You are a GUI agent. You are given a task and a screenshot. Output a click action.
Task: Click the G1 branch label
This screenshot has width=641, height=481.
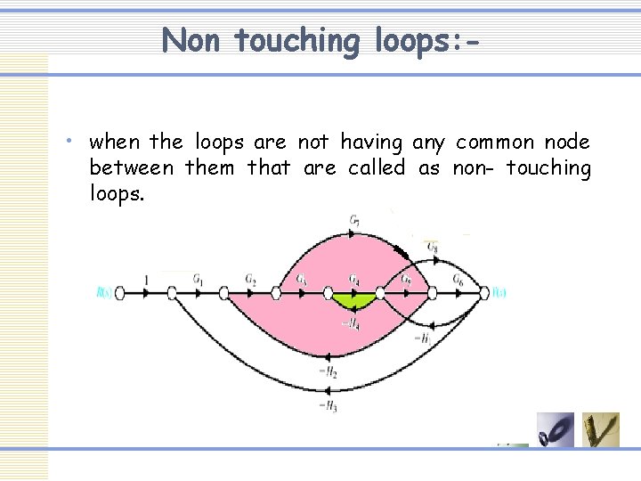tap(198, 279)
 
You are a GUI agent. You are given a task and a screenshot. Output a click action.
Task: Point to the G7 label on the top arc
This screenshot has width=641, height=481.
tap(355, 220)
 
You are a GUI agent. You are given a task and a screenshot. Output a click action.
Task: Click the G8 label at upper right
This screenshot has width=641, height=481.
tap(432, 247)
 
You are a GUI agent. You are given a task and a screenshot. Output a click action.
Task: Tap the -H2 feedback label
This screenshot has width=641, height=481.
tap(327, 373)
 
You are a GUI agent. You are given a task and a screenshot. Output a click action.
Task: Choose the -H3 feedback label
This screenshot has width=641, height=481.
tap(327, 406)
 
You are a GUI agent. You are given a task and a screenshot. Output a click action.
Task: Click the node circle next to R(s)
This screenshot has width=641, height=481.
tap(121, 291)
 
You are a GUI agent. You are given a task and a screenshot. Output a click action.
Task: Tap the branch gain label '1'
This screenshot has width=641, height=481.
tap(146, 281)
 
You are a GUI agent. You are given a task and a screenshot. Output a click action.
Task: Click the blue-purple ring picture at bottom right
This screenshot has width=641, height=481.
tap(556, 430)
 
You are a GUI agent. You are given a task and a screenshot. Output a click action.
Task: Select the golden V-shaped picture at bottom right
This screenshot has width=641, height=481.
tap(601, 430)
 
